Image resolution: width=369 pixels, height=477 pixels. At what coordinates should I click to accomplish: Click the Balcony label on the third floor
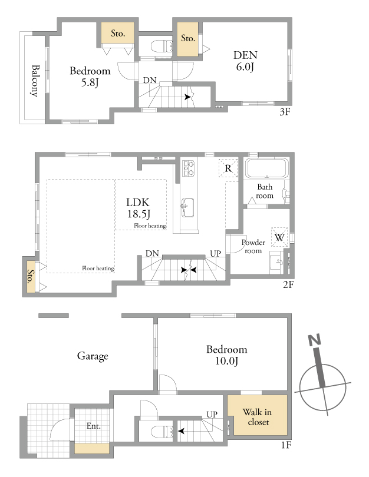pos(35,81)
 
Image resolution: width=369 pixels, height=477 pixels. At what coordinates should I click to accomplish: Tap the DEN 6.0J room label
pos(245,61)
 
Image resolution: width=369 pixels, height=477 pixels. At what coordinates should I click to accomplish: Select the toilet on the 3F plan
pos(162,47)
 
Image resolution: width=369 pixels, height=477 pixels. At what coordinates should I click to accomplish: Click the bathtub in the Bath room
pos(267,168)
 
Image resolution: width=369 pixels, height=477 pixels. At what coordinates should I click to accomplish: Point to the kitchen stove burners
pos(188,168)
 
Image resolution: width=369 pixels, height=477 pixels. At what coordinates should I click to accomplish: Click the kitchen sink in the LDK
pos(187,207)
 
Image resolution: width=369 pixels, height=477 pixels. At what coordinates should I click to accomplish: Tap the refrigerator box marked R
pos(228,168)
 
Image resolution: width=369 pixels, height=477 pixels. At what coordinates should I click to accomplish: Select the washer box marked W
pos(279,237)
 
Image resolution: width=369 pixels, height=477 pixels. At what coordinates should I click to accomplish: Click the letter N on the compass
pos(315,340)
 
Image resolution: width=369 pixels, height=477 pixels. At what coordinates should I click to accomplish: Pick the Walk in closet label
pos(258,417)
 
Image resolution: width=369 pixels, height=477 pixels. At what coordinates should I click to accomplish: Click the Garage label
pos(93,356)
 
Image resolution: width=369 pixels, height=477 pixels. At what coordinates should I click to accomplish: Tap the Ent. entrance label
pos(94,426)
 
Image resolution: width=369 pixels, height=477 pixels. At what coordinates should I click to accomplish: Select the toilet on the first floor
pos(162,432)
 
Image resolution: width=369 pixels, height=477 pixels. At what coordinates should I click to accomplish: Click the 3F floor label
pos(285,112)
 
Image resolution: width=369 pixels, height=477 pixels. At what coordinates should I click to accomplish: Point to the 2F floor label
pos(288,285)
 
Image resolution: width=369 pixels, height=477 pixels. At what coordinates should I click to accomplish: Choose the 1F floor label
pos(286,445)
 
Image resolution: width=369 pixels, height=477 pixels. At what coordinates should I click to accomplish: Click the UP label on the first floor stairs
pos(212,415)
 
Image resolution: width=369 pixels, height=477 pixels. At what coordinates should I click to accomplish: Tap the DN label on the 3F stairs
pos(150,80)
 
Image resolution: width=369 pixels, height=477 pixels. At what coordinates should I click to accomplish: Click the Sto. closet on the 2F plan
pos(31,277)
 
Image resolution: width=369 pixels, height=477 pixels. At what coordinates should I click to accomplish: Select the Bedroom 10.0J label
pos(227,355)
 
